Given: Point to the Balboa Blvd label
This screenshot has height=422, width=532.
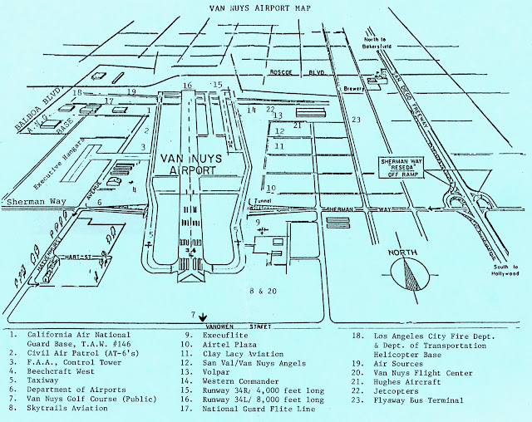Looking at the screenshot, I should pyautogui.click(x=32, y=112).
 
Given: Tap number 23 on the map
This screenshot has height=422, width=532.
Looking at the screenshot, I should pyautogui.click(x=357, y=120).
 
